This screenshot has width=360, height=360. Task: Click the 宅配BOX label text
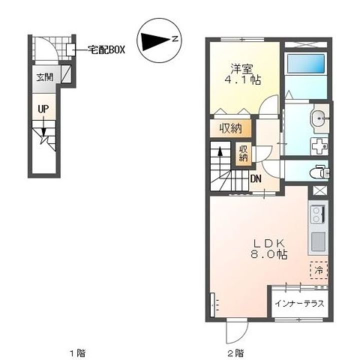tap(107, 50)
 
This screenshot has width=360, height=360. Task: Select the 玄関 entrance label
tap(45, 77)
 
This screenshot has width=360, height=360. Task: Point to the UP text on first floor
tap(43, 109)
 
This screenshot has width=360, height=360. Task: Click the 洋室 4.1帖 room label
tap(242, 74)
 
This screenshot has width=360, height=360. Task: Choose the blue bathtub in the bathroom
tap(306, 63)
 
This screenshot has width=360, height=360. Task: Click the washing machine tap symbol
tap(319, 146)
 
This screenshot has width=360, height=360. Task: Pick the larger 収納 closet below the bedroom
tap(230, 128)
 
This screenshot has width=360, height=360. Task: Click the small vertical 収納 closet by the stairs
tap(243, 153)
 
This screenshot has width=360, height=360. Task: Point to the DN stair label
tap(256, 179)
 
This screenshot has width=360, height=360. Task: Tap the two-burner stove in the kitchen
tap(318, 214)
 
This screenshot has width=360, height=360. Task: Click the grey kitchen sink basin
tap(318, 242)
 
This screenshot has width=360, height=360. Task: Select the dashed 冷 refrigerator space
tap(318, 270)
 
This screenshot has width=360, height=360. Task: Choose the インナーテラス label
tap(299, 303)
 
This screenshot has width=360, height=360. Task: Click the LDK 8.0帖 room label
tap(268, 249)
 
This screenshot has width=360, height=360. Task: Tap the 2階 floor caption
tap(236, 352)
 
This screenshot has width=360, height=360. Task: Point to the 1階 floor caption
tap(78, 352)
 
